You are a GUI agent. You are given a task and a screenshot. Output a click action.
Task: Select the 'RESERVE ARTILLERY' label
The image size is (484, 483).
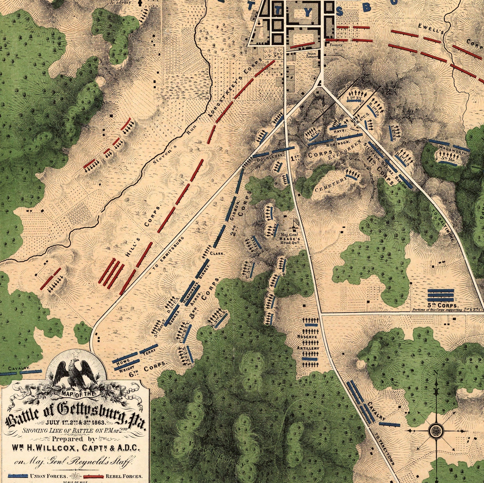tap(308, 342)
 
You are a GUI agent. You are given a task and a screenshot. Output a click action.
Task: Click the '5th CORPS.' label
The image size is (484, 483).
tap(443, 306)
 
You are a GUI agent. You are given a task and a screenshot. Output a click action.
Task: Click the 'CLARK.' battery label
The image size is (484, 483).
tap(217, 253)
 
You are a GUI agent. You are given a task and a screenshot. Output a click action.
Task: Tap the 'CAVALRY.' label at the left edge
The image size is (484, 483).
tap(19, 368)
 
